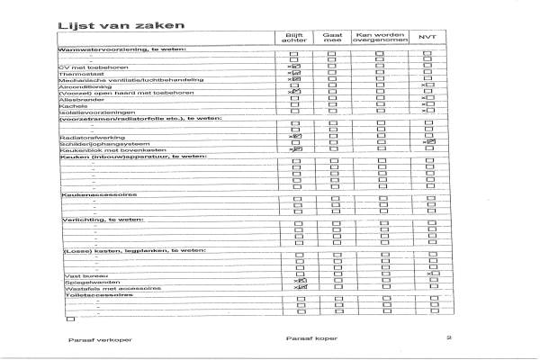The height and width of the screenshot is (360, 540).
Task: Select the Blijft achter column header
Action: tap(295, 37)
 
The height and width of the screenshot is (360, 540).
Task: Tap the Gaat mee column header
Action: tap(332, 37)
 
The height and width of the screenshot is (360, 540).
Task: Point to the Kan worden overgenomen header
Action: tap(380, 37)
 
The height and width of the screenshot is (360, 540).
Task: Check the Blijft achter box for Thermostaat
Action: tap(296, 73)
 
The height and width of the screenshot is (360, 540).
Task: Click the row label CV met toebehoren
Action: tap(93, 67)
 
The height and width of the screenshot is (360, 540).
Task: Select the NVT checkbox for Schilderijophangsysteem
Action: tap(430, 142)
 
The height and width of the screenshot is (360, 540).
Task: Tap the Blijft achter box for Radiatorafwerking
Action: tap(296, 136)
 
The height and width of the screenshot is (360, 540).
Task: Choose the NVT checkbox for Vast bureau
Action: tap(430, 274)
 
